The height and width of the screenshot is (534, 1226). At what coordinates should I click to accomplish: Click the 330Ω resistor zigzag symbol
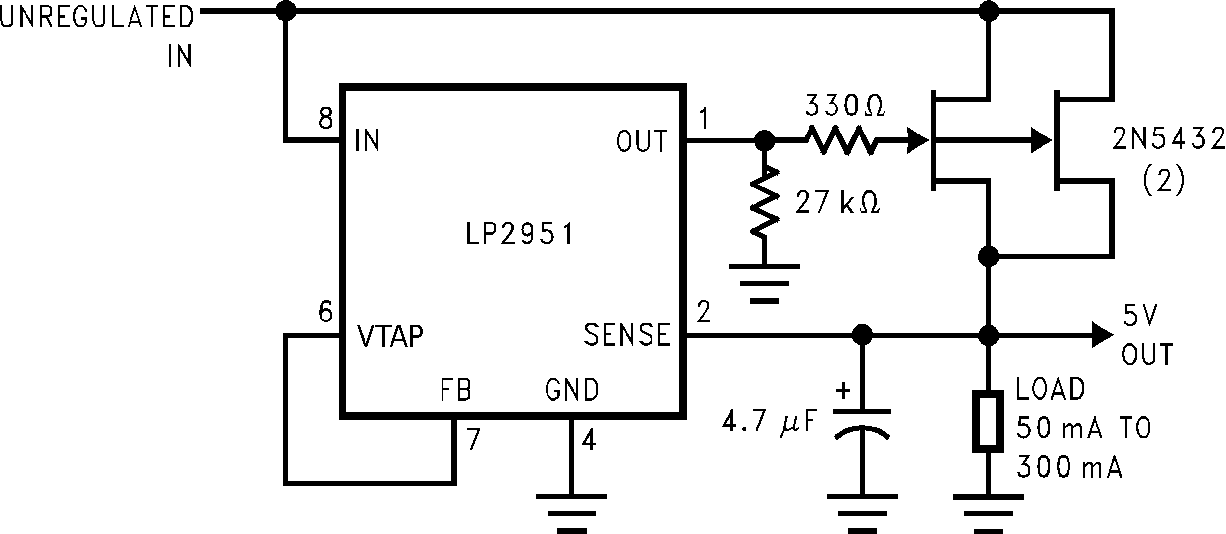tap(840, 141)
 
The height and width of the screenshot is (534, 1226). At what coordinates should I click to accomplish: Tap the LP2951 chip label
tap(519, 235)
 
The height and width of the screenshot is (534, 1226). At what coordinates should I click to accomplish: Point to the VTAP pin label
tap(390, 336)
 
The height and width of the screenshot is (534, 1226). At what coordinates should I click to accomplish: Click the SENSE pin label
tap(626, 335)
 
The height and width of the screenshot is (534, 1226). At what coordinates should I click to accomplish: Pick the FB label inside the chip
tap(456, 390)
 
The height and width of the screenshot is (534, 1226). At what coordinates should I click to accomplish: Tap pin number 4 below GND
tap(589, 440)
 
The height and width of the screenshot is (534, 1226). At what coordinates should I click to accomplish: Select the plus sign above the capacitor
tap(843, 391)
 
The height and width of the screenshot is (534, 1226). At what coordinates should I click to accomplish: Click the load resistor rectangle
tap(988, 421)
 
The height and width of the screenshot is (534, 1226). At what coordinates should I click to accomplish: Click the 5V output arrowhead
tap(1102, 336)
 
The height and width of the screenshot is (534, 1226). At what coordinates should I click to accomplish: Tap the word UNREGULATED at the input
tap(97, 18)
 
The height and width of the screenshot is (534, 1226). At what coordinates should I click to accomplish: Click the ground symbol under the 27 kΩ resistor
tap(764, 284)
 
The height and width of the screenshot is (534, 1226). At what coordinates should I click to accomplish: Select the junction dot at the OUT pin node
tap(764, 141)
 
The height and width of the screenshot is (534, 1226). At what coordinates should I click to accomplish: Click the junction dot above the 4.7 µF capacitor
tap(862, 336)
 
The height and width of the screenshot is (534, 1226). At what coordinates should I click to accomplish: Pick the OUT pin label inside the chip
tap(641, 141)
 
